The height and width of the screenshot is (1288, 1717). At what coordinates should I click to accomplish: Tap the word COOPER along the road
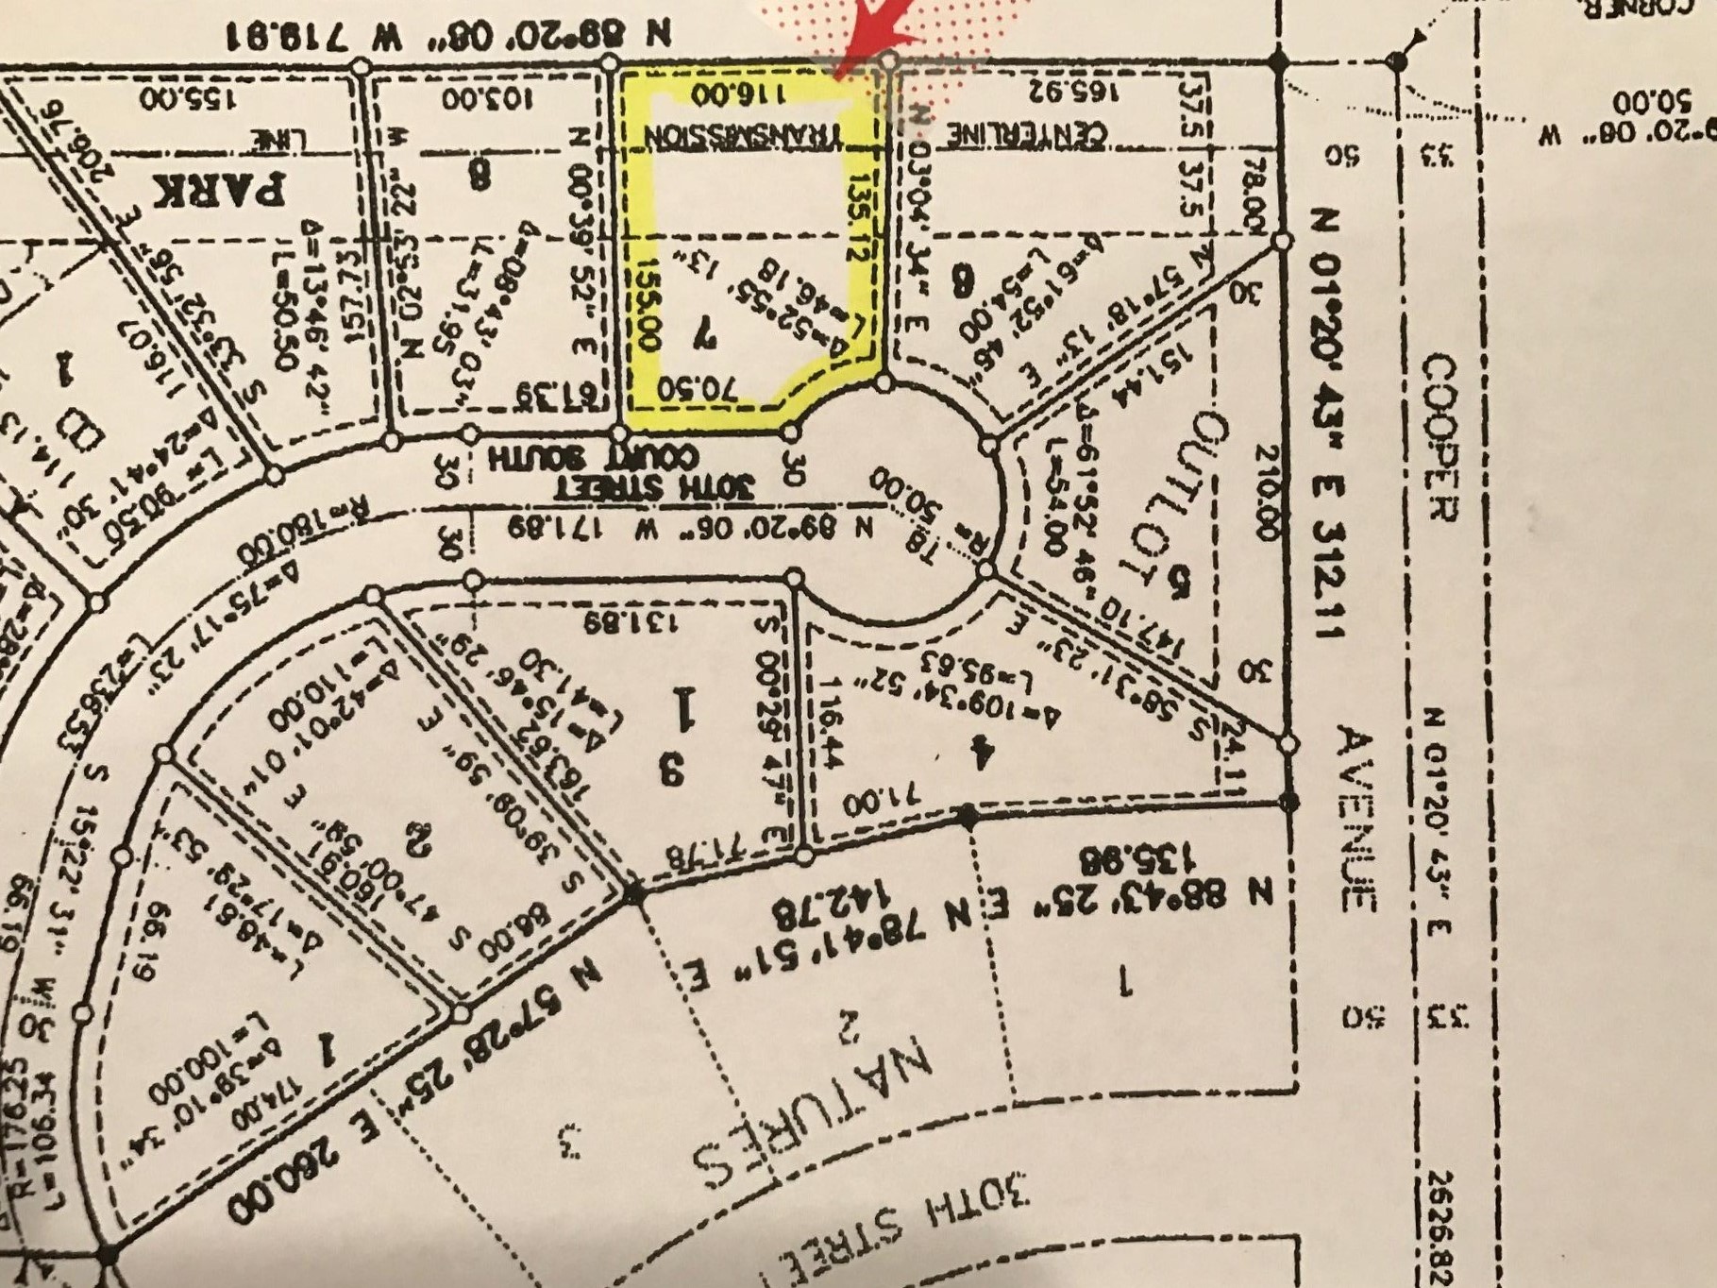(x=1441, y=438)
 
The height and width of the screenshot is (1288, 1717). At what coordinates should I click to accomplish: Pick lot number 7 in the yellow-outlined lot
(x=703, y=332)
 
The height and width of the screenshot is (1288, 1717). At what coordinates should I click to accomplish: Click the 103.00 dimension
(x=489, y=97)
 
